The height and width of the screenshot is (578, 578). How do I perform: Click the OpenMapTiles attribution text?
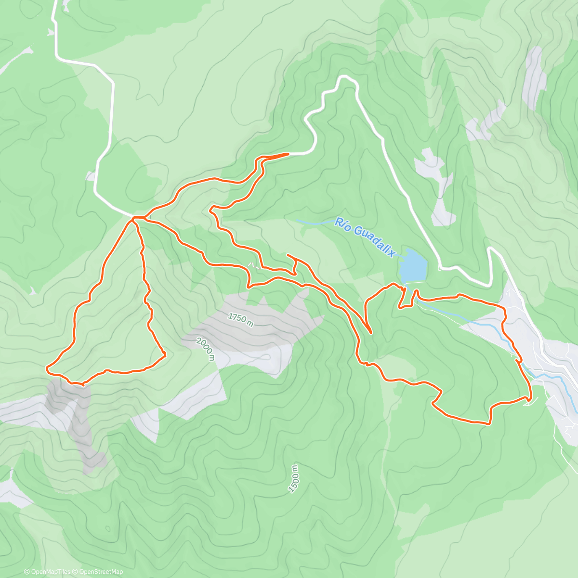click(x=47, y=572)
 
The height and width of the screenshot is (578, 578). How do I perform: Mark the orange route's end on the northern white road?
click(x=288, y=154)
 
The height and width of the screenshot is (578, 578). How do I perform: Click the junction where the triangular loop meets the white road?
click(x=134, y=218)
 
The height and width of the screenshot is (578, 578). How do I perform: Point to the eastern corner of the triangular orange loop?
click(x=165, y=355)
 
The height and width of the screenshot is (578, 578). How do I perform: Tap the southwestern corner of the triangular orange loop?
click(x=47, y=369)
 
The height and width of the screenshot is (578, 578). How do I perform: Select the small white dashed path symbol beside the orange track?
click(x=251, y=264)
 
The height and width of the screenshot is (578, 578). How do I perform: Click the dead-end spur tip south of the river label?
click(x=288, y=254)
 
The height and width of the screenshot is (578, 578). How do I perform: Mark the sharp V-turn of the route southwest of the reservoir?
click(x=370, y=332)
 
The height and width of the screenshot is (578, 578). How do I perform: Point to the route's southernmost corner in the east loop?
click(x=489, y=423)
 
